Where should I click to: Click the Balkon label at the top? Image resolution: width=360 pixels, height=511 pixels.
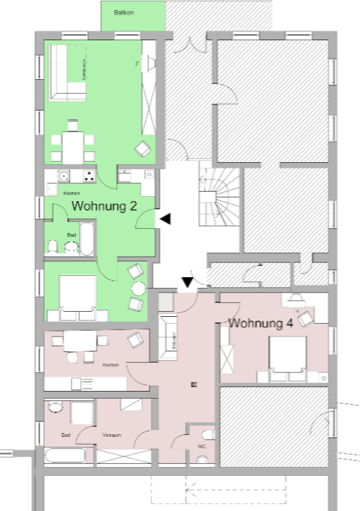[x=124, y=12]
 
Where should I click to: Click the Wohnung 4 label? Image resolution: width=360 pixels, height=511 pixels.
[x=260, y=323]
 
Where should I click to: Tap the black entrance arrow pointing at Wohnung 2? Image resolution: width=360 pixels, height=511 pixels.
[x=165, y=219]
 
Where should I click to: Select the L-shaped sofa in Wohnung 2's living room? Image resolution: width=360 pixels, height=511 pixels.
[x=67, y=73]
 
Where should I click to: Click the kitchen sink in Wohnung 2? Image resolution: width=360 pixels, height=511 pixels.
[x=63, y=176]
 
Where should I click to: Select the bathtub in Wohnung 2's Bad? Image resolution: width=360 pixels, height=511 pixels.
[x=87, y=240]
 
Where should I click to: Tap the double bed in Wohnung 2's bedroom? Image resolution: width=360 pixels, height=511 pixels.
[x=77, y=298]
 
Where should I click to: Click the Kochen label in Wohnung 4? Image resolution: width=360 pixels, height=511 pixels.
[x=110, y=365]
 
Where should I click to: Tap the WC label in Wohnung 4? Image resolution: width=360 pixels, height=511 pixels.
[x=202, y=446]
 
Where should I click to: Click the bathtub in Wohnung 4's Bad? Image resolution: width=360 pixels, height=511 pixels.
[x=65, y=456]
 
